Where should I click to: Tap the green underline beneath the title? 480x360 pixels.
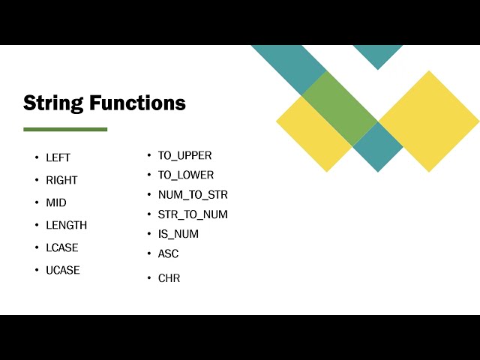point(65,129)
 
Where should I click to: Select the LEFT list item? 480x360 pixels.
point(58,157)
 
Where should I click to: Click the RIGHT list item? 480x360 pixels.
point(61,180)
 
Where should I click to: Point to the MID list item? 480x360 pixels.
point(56,202)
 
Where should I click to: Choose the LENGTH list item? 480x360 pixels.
point(66,225)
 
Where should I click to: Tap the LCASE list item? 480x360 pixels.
point(62,247)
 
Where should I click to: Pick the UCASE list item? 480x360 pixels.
point(63,270)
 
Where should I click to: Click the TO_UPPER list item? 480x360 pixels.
point(184,155)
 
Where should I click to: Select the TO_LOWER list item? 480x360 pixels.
point(186,175)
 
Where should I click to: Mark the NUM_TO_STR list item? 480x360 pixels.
point(193,194)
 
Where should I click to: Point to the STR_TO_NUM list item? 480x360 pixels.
point(193,214)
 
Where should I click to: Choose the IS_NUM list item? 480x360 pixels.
point(178,233)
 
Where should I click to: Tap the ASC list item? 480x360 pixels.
point(169,253)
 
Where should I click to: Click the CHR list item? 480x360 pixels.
point(169,278)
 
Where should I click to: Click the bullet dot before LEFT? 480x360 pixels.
point(36,157)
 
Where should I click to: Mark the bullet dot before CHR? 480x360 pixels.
point(148,278)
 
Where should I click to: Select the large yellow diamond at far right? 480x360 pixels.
point(428,121)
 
